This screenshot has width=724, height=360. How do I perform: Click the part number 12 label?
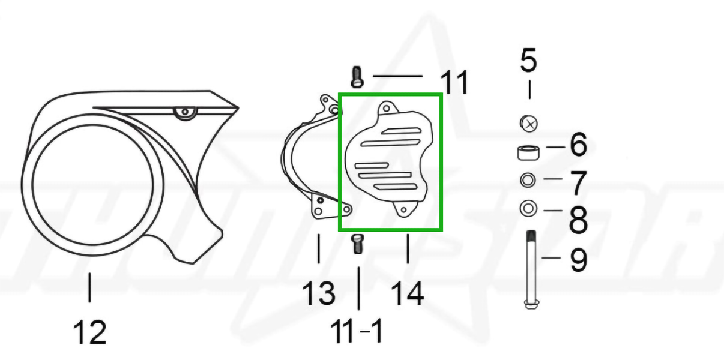pyautogui.click(x=90, y=332)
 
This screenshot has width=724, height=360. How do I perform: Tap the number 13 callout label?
pyautogui.click(x=318, y=293)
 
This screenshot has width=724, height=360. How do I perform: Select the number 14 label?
pyautogui.click(x=407, y=293)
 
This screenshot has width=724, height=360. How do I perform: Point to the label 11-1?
pyautogui.click(x=358, y=331)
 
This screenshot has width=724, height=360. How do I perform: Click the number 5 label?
pyautogui.click(x=529, y=61)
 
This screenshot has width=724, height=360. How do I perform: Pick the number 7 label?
pyautogui.click(x=578, y=183)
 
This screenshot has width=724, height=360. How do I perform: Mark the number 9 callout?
pyautogui.click(x=578, y=260)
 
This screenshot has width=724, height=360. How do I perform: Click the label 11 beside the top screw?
pyautogui.click(x=454, y=82)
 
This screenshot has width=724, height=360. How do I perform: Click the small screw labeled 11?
pyautogui.click(x=355, y=76)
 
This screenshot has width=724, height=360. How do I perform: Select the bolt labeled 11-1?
pyautogui.click(x=357, y=244)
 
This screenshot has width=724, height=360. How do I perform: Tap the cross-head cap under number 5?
pyautogui.click(x=529, y=124)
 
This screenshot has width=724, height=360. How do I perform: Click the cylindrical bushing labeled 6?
pyautogui.click(x=528, y=152)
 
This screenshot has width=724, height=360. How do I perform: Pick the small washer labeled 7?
pyautogui.click(x=528, y=179)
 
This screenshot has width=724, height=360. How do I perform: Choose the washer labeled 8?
pyautogui.click(x=528, y=209)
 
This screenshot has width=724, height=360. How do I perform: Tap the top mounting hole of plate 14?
pyautogui.click(x=387, y=109)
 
